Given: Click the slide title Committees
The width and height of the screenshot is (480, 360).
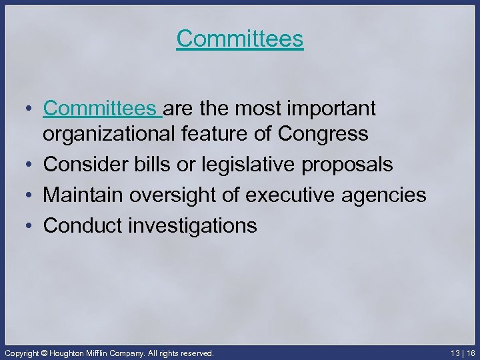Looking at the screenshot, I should pos(240,39).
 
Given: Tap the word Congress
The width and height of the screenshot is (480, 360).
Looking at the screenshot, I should pos(323,134).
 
